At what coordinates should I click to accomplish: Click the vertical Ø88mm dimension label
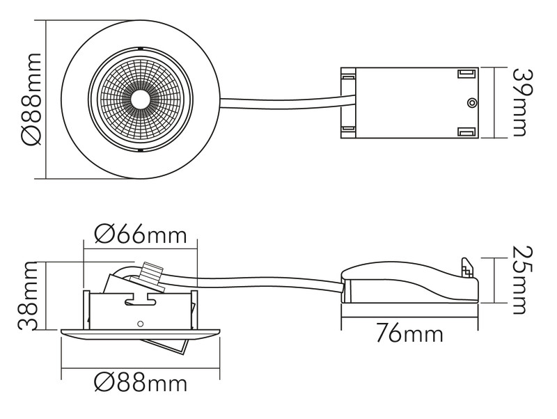pos(31,100)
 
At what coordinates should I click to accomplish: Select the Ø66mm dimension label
pos(141,235)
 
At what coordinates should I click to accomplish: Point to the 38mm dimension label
pos(28,296)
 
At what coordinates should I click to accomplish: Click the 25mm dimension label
pos(524,280)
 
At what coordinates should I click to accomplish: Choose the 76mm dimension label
pos(409,334)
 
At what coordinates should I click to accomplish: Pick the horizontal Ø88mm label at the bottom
pos(141,383)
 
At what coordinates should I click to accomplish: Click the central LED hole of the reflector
pos(140,99)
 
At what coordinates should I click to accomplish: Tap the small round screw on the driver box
pos(471,102)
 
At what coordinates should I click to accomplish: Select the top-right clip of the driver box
pos(466,74)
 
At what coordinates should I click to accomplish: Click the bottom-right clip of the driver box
pos(466,132)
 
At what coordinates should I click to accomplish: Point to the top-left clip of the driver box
pos(348,76)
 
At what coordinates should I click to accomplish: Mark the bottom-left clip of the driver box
pos(348,129)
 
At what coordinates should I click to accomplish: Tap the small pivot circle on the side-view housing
pos(141,324)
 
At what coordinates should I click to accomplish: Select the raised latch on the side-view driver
pos(468,268)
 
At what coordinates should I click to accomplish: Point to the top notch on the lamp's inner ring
pos(141,48)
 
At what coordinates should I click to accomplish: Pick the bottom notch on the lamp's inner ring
pos(141,150)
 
